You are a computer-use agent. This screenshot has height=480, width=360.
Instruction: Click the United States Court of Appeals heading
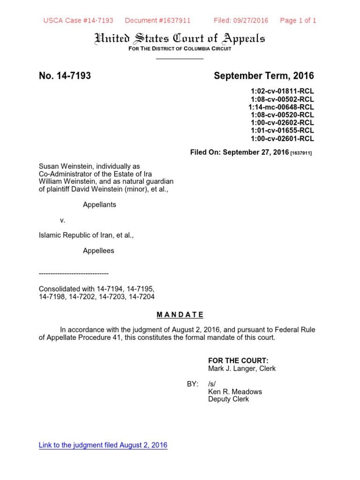tap(180, 38)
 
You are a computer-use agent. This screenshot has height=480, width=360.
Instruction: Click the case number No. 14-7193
tap(65, 76)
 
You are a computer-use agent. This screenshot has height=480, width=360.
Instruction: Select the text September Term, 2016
tap(264, 76)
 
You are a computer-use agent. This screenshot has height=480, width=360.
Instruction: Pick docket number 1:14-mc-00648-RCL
tap(281, 107)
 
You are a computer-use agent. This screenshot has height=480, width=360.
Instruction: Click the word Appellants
tap(99, 204)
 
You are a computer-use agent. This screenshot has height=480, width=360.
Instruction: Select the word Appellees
tap(98, 251)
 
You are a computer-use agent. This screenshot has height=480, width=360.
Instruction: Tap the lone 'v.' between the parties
tap(62, 220)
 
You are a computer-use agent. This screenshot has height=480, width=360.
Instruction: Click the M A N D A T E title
tap(180, 315)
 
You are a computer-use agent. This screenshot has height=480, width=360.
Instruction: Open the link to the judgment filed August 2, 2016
tap(103, 445)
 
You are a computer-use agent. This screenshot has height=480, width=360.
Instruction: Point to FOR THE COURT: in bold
tap(238, 360)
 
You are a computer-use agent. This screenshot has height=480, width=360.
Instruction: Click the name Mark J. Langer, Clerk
tap(242, 368)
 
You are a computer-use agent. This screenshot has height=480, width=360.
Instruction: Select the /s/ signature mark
tap(213, 384)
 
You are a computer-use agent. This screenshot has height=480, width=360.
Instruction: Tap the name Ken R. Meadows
tap(235, 391)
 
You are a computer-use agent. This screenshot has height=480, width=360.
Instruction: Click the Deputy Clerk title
tap(228, 399)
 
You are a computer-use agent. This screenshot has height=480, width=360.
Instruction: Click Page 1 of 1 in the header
tap(298, 20)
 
